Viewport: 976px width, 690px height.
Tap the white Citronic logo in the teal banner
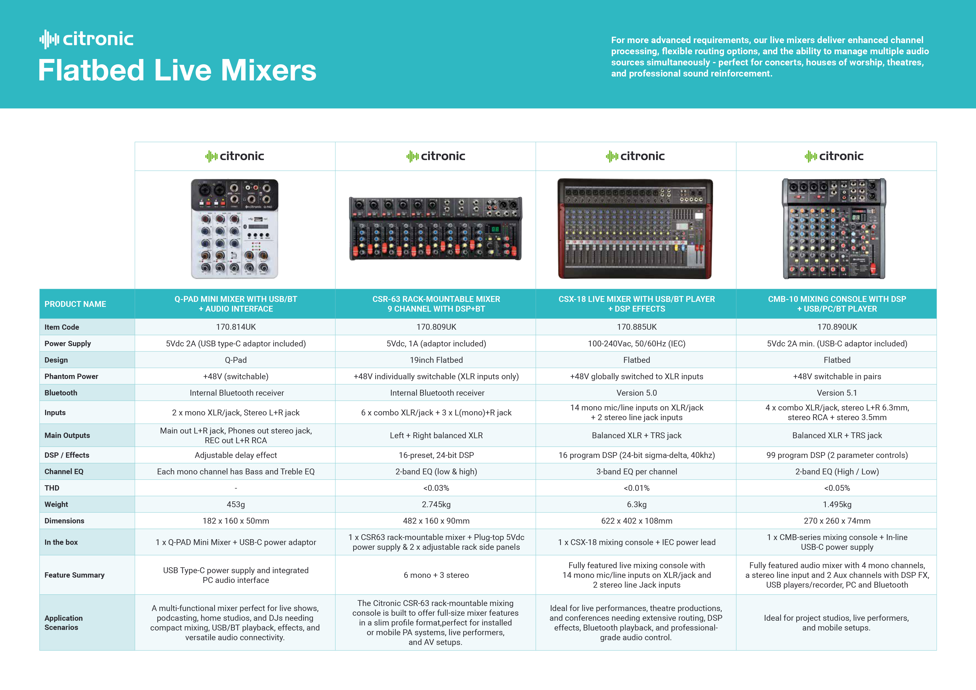(86, 39)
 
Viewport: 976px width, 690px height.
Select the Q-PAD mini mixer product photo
(235, 229)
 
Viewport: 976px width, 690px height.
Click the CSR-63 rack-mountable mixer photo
(436, 228)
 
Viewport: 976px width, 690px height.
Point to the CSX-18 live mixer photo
(635, 229)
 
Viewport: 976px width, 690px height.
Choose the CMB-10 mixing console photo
(834, 229)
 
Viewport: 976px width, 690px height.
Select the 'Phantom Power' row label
(72, 376)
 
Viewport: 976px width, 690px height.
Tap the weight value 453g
(236, 504)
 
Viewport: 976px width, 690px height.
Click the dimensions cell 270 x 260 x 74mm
(837, 521)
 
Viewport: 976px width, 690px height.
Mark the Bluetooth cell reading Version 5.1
(837, 393)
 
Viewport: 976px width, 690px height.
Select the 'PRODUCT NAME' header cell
(75, 304)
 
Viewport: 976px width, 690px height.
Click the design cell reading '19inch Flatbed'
(436, 360)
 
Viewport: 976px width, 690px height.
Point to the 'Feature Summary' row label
(74, 575)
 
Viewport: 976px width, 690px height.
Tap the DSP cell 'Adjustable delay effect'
(236, 455)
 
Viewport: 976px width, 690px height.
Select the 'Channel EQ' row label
(64, 472)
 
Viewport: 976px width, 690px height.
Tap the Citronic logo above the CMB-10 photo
(834, 156)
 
